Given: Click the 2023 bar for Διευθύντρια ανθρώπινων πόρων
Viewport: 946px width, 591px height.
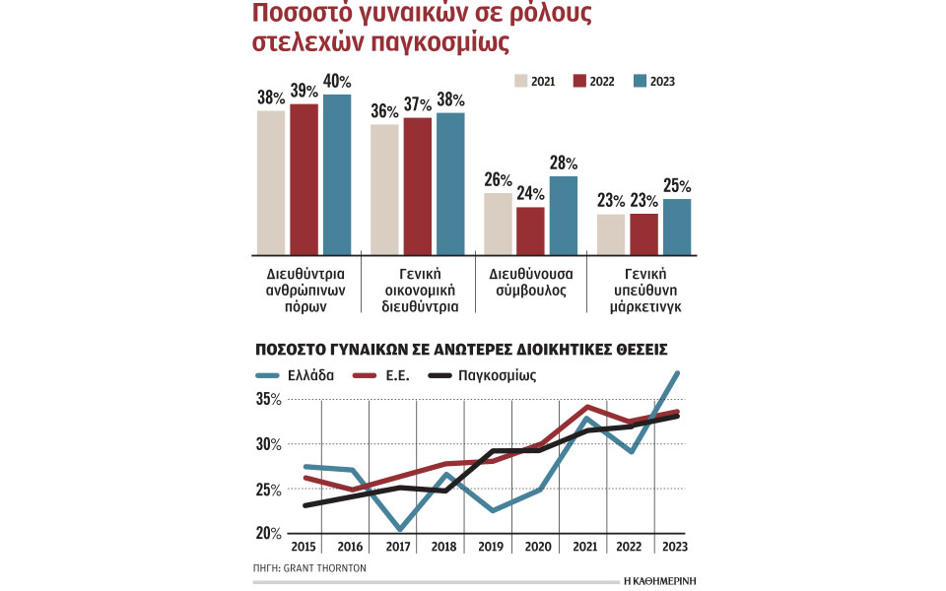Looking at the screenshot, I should pyautogui.click(x=337, y=174).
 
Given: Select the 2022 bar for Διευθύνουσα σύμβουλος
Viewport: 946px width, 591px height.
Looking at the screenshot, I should pyautogui.click(x=530, y=230).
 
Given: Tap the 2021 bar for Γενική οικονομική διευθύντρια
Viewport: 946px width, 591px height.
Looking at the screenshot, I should pyautogui.click(x=384, y=189).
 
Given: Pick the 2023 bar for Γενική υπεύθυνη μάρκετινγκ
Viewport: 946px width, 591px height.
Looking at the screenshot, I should pyautogui.click(x=677, y=227).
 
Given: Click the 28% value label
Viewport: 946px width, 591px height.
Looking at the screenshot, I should pyautogui.click(x=564, y=164).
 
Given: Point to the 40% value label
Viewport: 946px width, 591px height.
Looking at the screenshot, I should pyautogui.click(x=337, y=82).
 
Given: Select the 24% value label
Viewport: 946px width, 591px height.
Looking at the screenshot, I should pyautogui.click(x=530, y=194).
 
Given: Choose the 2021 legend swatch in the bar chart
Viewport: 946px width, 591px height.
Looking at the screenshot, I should pyautogui.click(x=521, y=82).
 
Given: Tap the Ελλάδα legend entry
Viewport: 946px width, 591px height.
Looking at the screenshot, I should pyautogui.click(x=295, y=375).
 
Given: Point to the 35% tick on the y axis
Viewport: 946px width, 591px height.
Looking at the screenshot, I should pyautogui.click(x=269, y=400).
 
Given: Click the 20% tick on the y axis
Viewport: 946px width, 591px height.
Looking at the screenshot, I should pyautogui.click(x=269, y=533).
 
